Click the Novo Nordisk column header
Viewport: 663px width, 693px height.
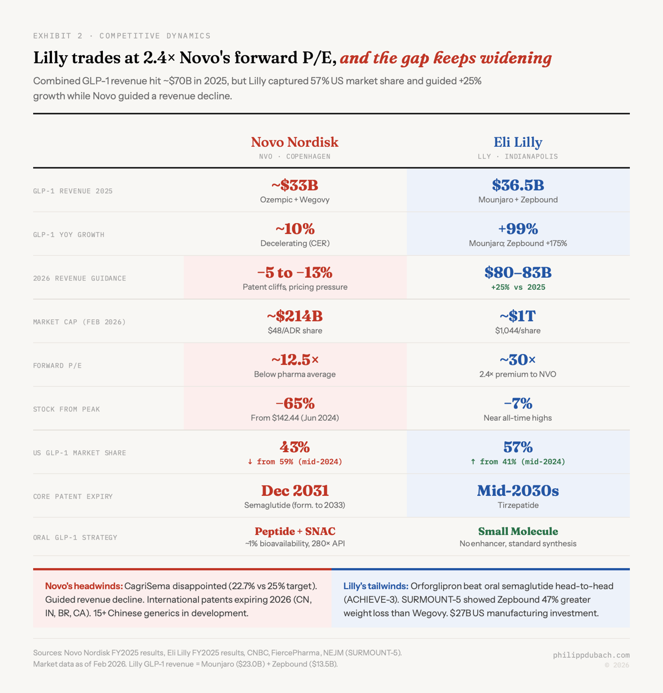coord(294,142)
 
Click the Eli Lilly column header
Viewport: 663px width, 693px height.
coord(518,142)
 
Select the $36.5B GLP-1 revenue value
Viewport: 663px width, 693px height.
coord(518,185)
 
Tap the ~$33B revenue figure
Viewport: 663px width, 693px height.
coord(294,185)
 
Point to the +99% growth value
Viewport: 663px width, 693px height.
coord(518,229)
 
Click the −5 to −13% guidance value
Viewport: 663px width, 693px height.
coord(294,272)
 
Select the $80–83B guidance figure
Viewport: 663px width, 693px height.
coord(518,272)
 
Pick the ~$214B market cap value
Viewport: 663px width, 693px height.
coord(294,316)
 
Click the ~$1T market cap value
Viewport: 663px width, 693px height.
coord(518,316)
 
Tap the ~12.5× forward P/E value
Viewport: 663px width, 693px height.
coord(294,359)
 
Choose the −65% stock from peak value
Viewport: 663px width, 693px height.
coord(294,403)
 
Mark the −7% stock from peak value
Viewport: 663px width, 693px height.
coord(518,403)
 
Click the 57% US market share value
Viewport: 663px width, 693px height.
coord(518,447)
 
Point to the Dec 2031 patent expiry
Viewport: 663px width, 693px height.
coord(294,490)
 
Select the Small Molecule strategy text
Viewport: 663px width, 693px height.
coord(518,531)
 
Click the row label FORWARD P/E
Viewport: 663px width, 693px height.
coord(57,366)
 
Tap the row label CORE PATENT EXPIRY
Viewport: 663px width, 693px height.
coord(73,496)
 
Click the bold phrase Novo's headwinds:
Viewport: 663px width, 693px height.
coord(83,586)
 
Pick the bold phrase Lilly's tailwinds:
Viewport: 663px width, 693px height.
coord(376,586)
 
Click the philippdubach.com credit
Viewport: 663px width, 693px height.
coord(591,655)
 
